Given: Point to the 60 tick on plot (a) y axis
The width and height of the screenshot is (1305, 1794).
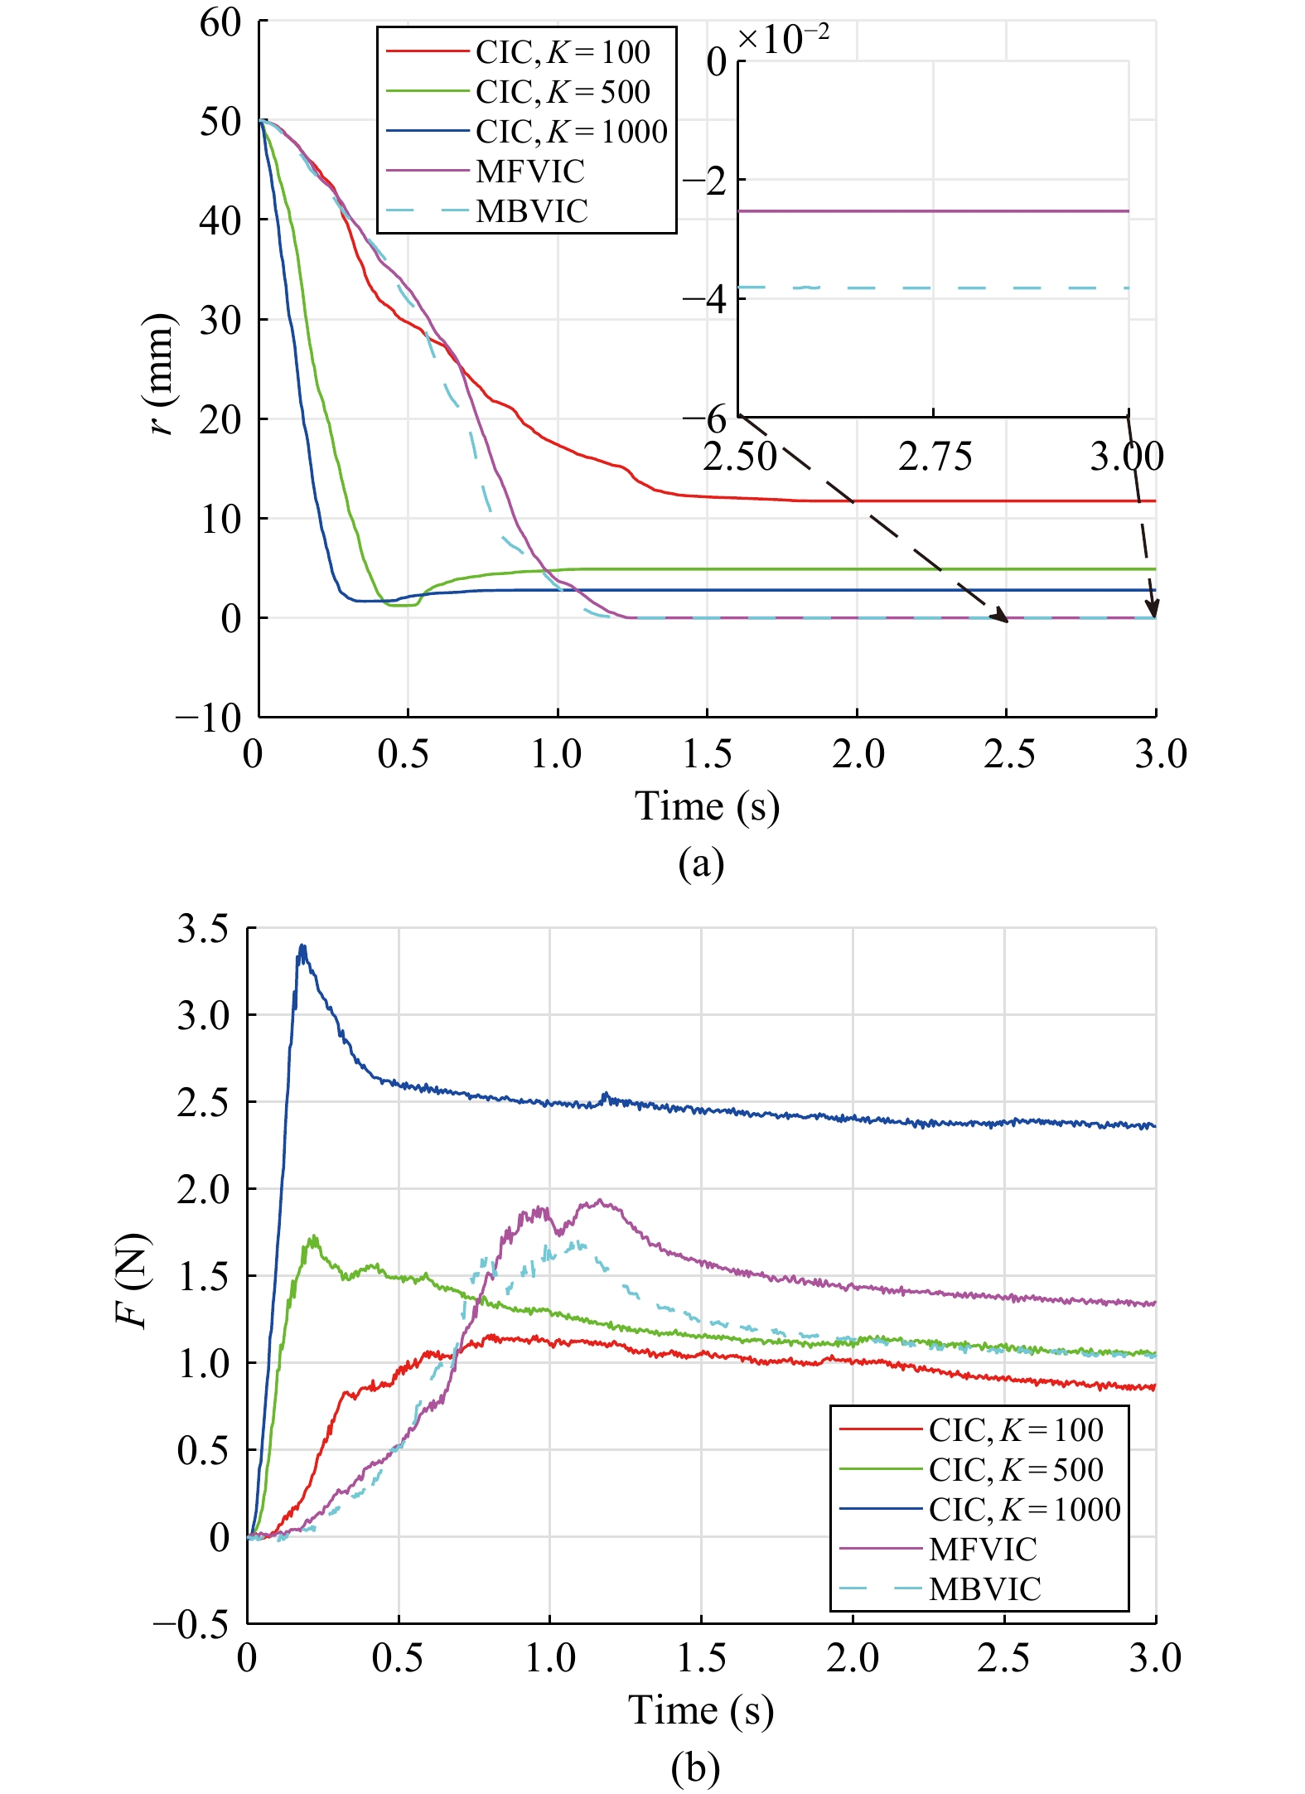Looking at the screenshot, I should [x=220, y=23].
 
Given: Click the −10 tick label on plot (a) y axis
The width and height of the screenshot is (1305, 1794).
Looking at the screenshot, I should [x=209, y=718].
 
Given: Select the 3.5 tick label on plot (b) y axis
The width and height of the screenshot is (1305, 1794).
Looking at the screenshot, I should [x=202, y=929].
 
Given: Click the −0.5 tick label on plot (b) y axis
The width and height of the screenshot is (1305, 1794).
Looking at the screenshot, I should [x=191, y=1623].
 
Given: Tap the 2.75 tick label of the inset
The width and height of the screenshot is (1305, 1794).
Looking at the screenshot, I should [x=935, y=457].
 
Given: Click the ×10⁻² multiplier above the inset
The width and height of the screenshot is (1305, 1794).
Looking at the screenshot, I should [x=783, y=39].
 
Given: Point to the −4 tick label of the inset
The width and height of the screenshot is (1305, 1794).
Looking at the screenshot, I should [x=703, y=298].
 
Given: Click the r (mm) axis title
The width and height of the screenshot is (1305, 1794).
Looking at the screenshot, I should [x=160, y=374].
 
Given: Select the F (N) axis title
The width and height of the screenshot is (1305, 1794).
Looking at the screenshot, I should [x=133, y=1281].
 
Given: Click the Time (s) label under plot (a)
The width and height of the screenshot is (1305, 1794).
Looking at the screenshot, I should [x=707, y=806].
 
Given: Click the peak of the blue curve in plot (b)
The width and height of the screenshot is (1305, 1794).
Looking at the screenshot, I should [x=302, y=945].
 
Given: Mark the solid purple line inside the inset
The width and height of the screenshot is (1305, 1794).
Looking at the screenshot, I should [x=933, y=211].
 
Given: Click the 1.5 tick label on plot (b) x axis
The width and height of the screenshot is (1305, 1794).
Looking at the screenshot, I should [x=702, y=1658].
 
